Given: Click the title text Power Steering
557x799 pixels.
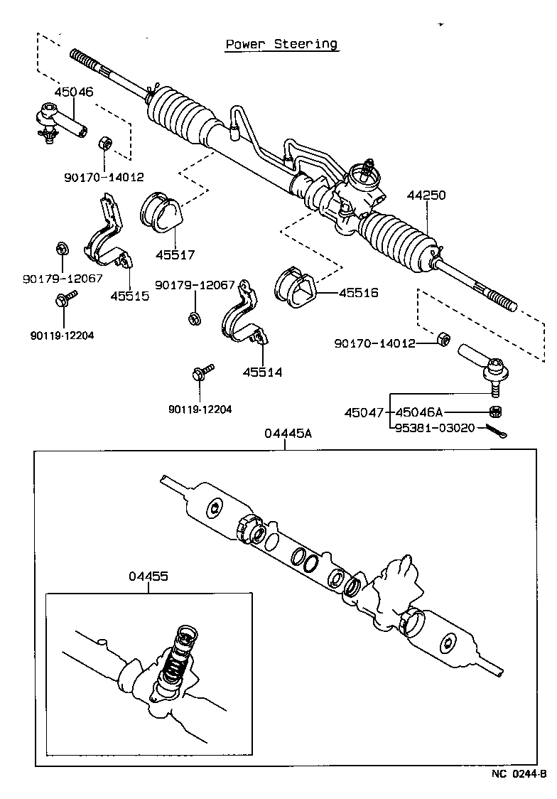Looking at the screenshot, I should [281, 44].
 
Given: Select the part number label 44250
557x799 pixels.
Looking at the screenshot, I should [426, 195].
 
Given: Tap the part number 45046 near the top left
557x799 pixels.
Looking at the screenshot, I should [74, 92].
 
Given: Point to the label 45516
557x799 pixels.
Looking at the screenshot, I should [359, 292].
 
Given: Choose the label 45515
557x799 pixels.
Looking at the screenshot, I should [130, 296].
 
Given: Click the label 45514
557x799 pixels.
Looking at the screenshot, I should [262, 372].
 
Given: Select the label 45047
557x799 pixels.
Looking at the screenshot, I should [364, 412].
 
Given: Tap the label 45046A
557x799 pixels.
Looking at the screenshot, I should [418, 412].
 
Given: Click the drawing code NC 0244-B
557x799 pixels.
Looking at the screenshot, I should [518, 774].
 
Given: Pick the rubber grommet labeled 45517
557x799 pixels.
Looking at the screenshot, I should [161, 213].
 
